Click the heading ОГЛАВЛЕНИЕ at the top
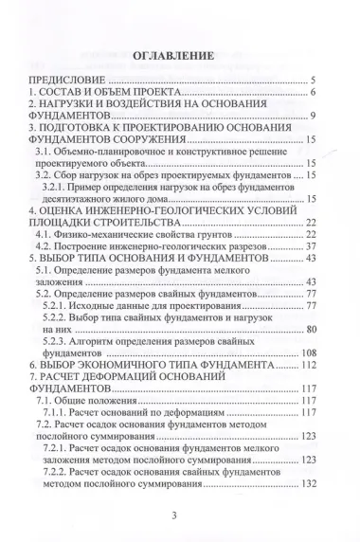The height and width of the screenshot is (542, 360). (x=179, y=56)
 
